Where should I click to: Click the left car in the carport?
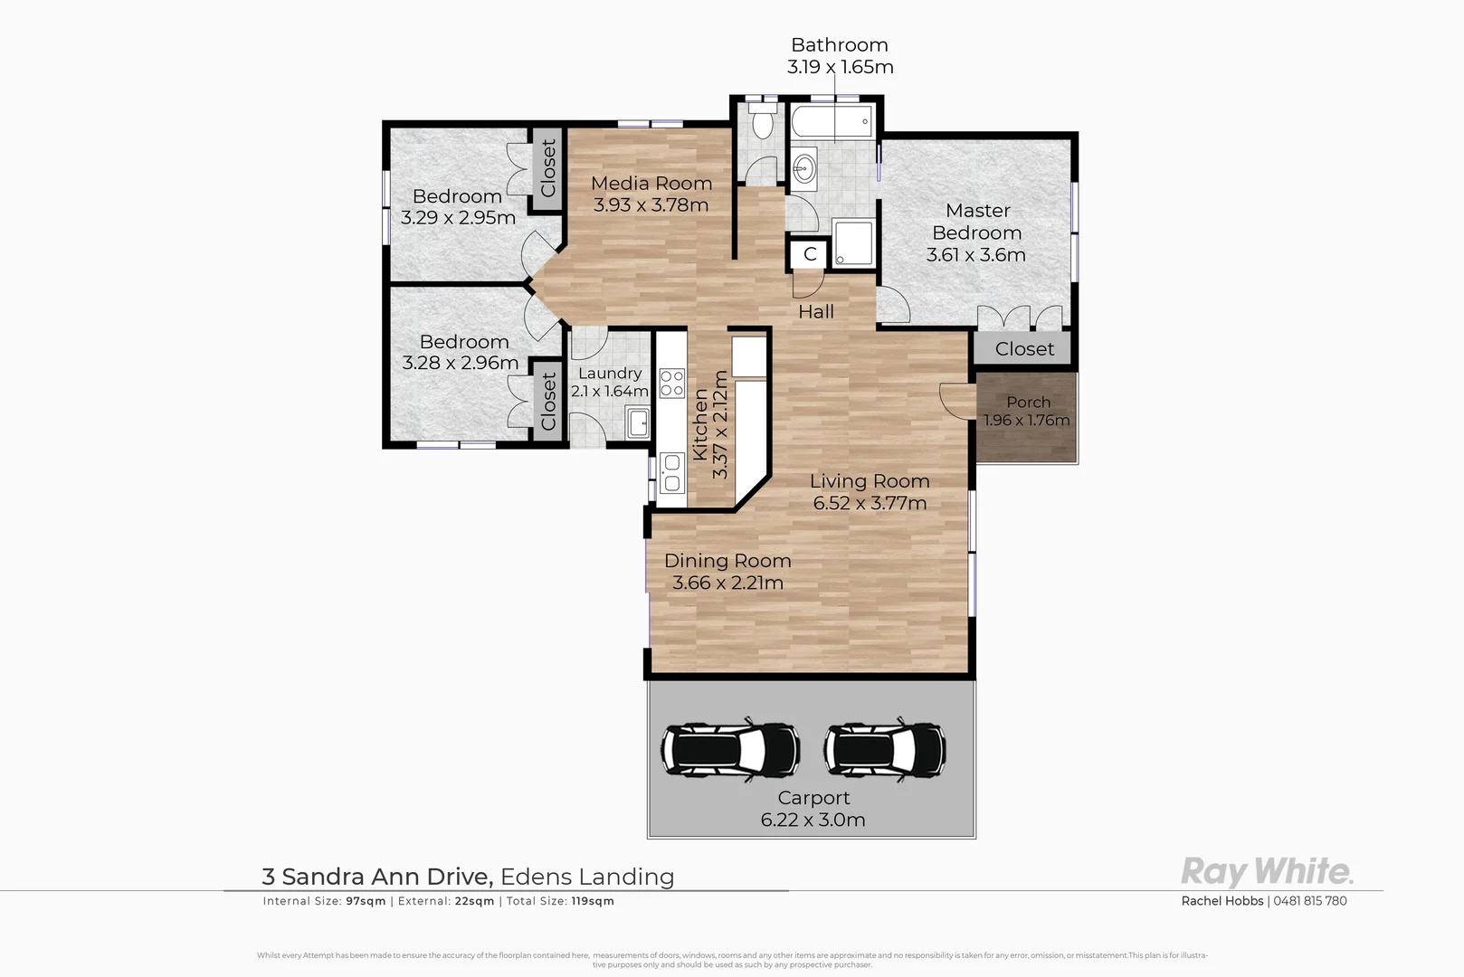(729, 750)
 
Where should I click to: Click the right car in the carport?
(884, 750)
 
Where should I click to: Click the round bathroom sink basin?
(803, 167)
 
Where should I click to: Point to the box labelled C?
(810, 255)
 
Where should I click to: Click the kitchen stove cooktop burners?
(671, 383)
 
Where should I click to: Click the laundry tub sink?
(638, 422)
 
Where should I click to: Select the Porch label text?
(1028, 402)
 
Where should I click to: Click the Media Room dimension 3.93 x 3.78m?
(651, 205)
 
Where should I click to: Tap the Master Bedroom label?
(977, 222)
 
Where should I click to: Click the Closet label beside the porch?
(1024, 349)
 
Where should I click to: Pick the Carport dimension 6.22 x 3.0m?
(813, 820)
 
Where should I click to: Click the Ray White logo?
(1267, 872)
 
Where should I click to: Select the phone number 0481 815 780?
(1310, 901)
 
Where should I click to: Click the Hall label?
(815, 312)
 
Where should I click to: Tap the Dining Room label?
(727, 561)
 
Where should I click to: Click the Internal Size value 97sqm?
(366, 901)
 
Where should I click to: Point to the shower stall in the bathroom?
(853, 242)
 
